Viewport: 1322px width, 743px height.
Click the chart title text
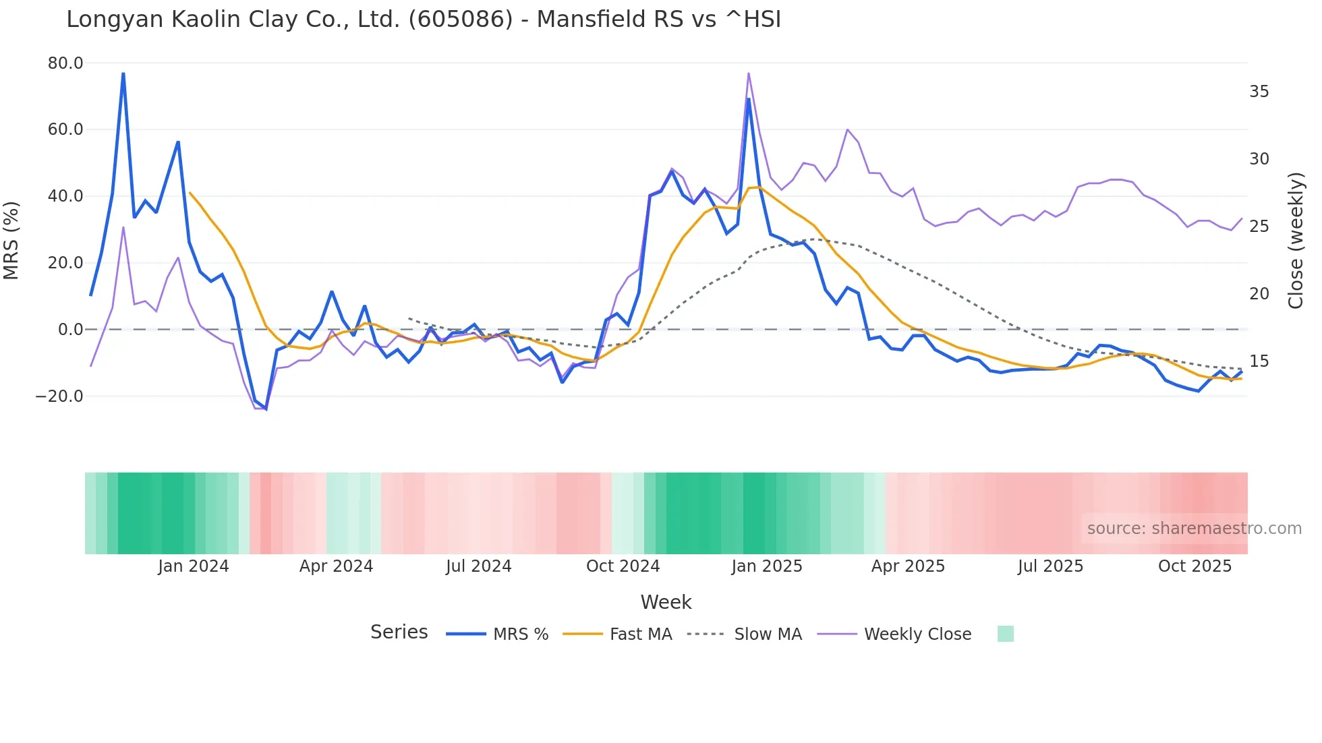[x=424, y=20]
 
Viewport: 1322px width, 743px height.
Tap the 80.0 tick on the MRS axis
[x=65, y=63]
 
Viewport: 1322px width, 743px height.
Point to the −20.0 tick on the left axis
[x=60, y=396]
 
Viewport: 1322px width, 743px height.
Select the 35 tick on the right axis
[x=1259, y=92]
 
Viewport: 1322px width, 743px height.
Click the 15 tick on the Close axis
[x=1259, y=361]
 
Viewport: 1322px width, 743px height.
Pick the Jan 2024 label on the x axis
[x=194, y=566]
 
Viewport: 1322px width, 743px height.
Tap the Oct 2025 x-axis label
[x=1195, y=566]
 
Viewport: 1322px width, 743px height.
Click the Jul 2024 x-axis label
[x=478, y=566]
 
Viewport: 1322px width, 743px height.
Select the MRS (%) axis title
[x=11, y=240]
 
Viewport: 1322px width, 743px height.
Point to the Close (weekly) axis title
[x=1295, y=240]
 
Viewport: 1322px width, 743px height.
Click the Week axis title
[x=666, y=602]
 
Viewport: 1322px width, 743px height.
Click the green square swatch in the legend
[x=1005, y=634]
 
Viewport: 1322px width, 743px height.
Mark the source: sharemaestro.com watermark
[x=1194, y=529]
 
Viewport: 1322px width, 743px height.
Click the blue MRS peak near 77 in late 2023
[x=123, y=73]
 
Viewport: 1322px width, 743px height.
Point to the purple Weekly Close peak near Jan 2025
[x=749, y=73]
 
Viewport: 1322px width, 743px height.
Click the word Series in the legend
[x=399, y=632]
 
